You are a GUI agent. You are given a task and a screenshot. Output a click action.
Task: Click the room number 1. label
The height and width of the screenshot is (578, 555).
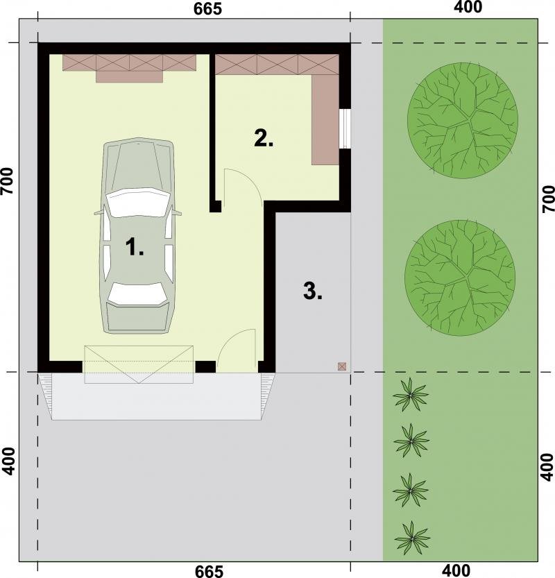(135, 246)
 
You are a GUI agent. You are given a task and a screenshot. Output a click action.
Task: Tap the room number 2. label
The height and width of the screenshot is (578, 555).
(264, 138)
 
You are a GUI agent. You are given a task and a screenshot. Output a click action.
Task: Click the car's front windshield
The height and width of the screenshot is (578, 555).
(138, 202)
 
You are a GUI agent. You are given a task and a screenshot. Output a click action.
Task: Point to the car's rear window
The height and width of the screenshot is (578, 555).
(137, 294)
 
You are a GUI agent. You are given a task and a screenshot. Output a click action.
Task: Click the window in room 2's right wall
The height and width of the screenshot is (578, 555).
(345, 128)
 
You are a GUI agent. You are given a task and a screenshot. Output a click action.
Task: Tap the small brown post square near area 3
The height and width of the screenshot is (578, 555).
(342, 366)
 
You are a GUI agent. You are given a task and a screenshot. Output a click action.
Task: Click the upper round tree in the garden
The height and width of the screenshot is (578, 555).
(463, 121)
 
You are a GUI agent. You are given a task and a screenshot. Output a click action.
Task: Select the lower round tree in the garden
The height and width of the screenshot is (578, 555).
(460, 278)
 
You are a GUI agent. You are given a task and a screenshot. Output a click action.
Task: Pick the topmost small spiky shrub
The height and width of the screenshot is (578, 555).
(411, 396)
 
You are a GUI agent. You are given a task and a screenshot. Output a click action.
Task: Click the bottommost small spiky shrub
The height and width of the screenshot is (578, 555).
(412, 538)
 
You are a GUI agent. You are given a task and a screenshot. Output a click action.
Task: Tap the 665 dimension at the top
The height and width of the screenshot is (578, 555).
(208, 9)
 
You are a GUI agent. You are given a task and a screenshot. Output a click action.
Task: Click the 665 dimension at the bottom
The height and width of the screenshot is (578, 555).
(209, 571)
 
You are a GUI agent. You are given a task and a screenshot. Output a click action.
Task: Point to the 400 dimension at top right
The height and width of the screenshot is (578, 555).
(468, 7)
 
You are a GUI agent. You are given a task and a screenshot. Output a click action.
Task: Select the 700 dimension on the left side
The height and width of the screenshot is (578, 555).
(8, 181)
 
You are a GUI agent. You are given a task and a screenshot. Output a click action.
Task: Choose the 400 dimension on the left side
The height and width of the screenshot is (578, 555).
(9, 461)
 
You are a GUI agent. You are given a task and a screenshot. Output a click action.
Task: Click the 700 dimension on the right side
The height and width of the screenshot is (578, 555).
(548, 198)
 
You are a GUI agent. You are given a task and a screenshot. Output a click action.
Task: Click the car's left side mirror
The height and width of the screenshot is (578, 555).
(98, 212)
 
